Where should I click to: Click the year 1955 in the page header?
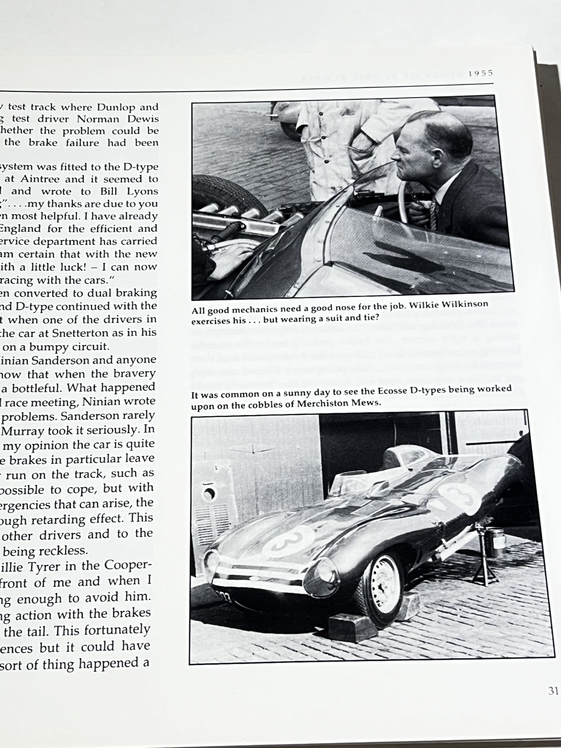point(481,73)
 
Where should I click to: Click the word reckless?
point(64,551)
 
